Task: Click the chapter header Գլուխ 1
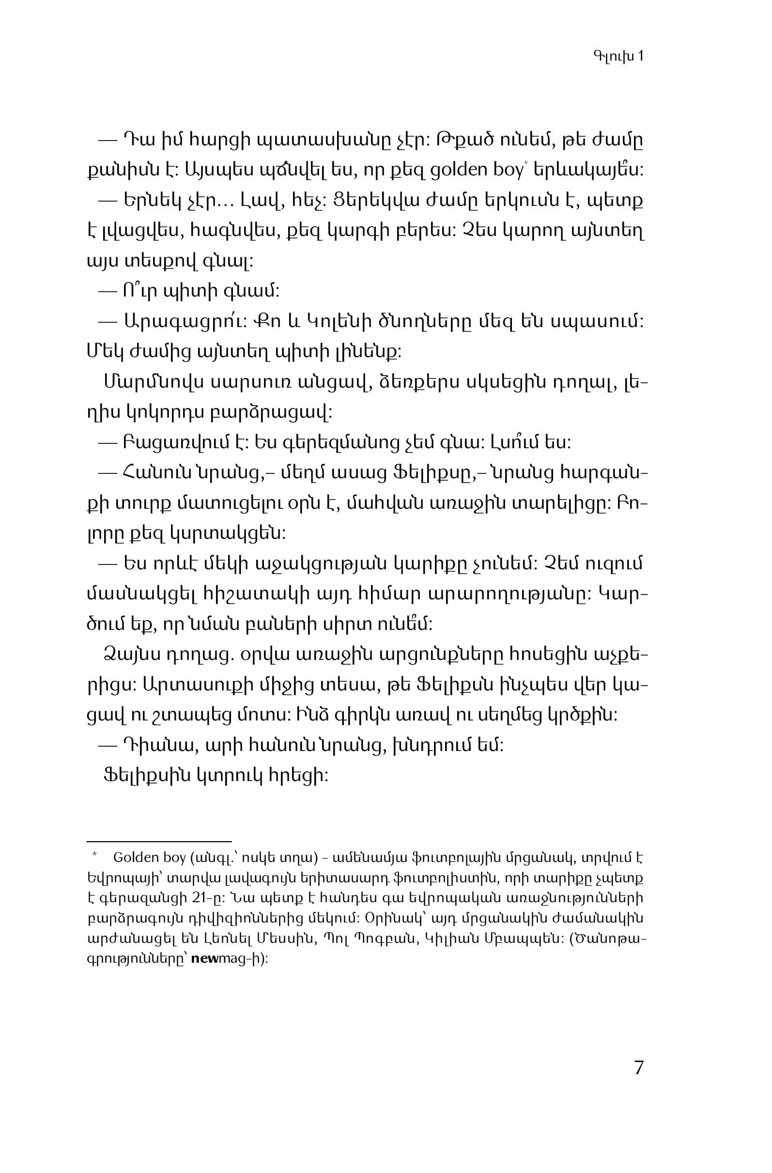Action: click(618, 56)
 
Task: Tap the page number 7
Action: click(638, 1067)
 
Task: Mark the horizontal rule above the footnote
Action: click(159, 842)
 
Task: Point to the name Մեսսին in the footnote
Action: click(290, 939)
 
